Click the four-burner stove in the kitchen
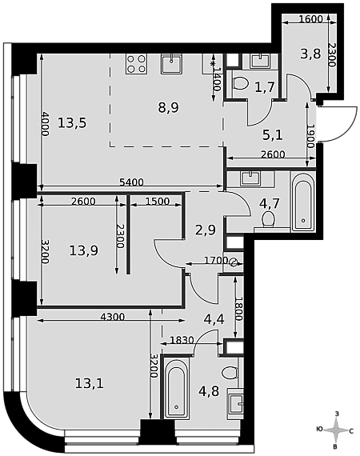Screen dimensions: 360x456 136,64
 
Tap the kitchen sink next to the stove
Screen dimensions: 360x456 172,64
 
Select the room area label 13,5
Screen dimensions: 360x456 72,123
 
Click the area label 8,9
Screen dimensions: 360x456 168,108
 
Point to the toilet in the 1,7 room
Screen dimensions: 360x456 240,83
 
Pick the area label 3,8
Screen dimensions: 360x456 310,54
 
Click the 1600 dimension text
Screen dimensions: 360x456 310,19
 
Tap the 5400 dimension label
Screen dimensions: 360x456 132,182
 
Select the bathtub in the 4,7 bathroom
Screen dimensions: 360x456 303,202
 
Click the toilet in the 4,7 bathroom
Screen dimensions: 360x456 269,221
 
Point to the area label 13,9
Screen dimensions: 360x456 84,250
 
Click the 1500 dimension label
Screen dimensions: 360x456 158,202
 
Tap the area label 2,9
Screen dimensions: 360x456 206,230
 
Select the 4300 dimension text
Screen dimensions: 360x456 113,317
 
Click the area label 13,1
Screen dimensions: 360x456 90,384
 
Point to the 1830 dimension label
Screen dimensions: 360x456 182,340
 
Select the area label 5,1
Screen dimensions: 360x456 273,135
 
